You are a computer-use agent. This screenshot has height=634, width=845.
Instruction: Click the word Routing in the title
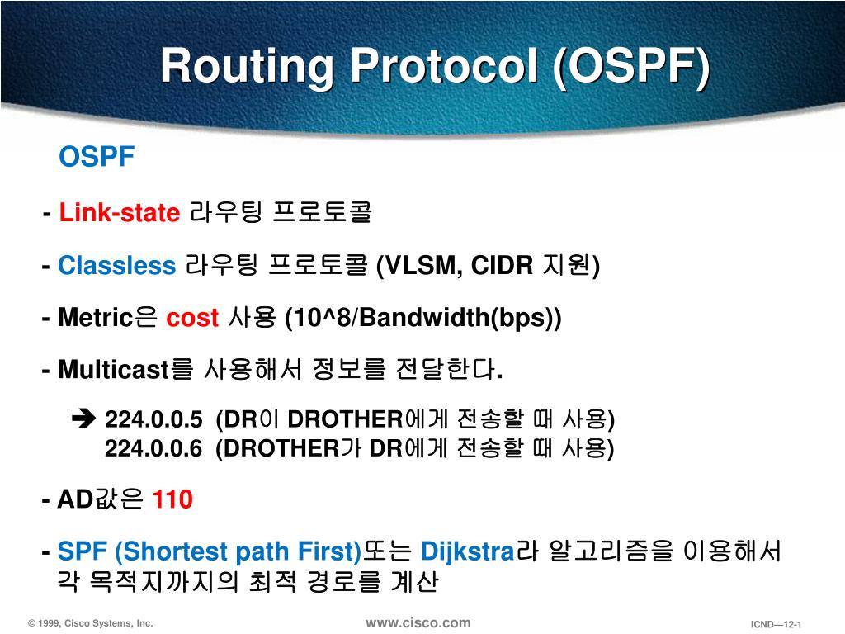(x=248, y=65)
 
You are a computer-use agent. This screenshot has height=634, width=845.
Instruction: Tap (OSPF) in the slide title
(x=631, y=65)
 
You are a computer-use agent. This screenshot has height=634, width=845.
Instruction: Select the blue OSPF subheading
(x=96, y=157)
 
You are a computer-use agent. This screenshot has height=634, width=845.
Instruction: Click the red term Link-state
(x=119, y=214)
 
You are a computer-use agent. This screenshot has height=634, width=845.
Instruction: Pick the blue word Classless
(x=116, y=266)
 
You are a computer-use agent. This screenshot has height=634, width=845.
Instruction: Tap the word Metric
(x=95, y=318)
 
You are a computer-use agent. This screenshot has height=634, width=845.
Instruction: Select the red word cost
(x=192, y=318)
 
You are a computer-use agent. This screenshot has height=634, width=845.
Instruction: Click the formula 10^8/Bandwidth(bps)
(x=422, y=318)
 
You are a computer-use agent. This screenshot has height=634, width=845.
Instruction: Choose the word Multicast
(x=113, y=371)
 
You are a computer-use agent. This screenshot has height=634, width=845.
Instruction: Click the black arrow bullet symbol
(x=84, y=419)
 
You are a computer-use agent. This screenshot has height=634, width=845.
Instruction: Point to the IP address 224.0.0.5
(x=153, y=420)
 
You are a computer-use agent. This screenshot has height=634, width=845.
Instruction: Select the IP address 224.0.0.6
(x=153, y=448)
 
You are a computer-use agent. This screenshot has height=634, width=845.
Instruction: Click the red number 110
(x=172, y=499)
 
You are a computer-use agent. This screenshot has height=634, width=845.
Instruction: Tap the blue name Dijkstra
(x=467, y=551)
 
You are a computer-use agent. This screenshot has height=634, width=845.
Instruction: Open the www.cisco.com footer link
(x=418, y=622)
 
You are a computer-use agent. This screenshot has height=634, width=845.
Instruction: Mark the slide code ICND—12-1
(x=777, y=624)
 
